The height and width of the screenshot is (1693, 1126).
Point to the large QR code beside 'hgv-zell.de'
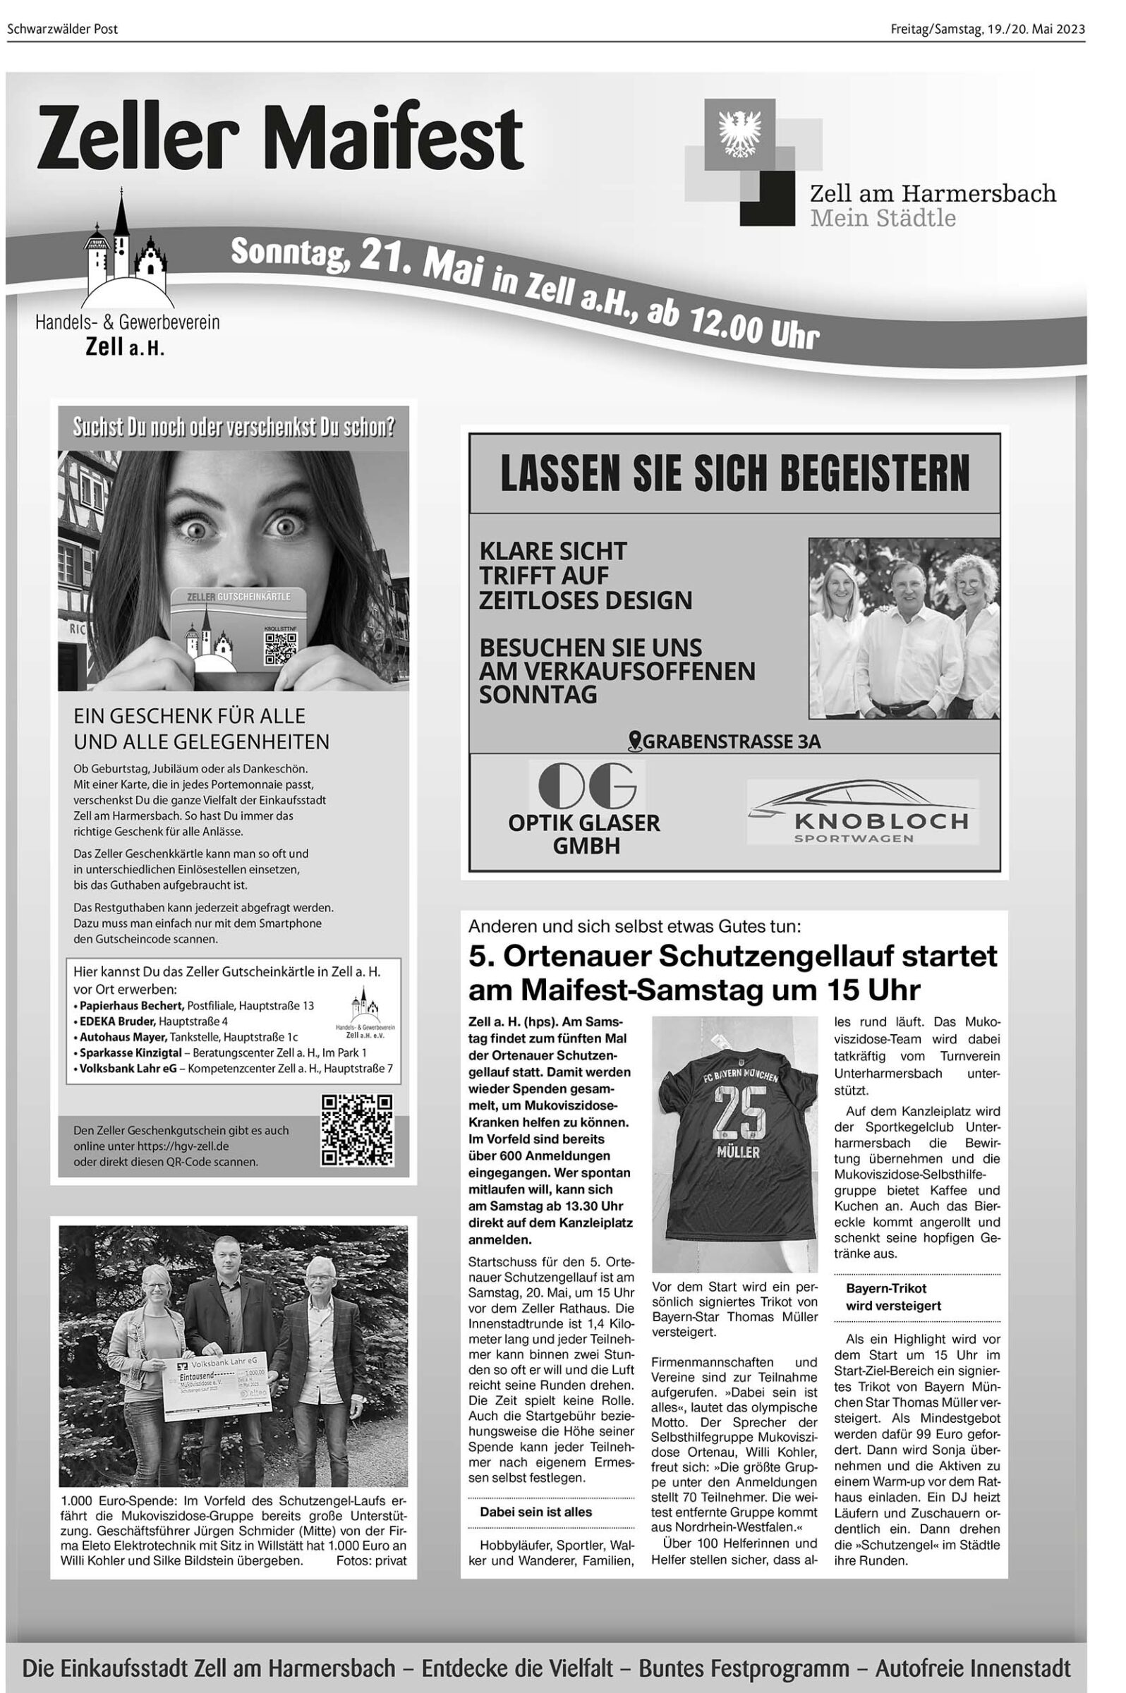pos(357,1130)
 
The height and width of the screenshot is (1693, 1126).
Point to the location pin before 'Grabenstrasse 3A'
pos(634,740)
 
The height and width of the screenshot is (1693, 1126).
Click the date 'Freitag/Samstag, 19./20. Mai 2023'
pos(988,30)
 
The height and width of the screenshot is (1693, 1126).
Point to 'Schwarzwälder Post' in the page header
pos(63,30)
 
